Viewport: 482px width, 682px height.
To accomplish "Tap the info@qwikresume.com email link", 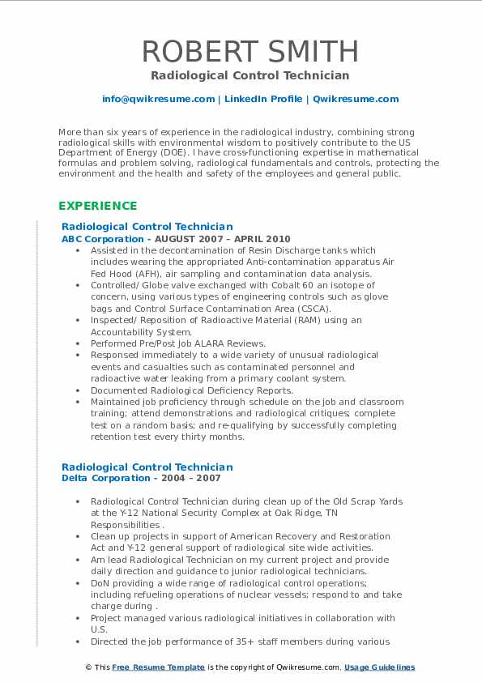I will pos(158,99).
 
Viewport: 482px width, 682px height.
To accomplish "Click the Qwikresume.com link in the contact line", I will pos(356,99).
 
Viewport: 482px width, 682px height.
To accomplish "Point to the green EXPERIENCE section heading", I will pos(97,206).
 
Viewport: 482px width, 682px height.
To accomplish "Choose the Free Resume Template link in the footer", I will pos(147,667).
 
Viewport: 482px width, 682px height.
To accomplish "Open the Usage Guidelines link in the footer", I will pos(379,667).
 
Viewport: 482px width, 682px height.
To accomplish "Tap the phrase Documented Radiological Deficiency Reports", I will pos(191,390).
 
